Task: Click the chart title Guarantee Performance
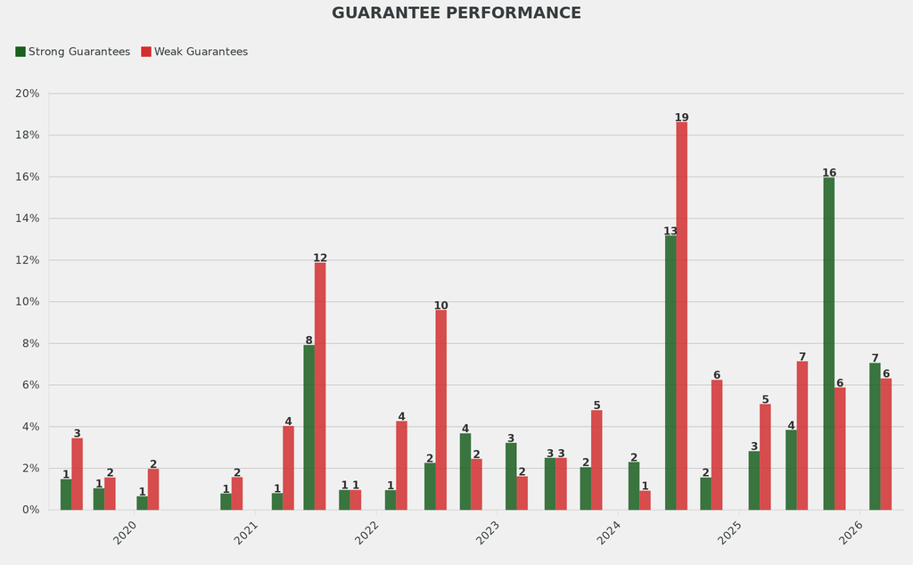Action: click(x=456, y=13)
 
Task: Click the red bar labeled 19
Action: click(x=681, y=315)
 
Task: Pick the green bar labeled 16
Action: click(x=829, y=343)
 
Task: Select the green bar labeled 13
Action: click(x=670, y=373)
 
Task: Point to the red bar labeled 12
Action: click(x=320, y=386)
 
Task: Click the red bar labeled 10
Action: click(x=440, y=410)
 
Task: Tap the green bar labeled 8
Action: click(x=308, y=427)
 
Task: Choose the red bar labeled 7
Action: click(x=802, y=435)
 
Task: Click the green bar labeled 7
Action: click(x=875, y=436)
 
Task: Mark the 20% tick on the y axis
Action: click(x=28, y=94)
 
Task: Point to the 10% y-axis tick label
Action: click(x=28, y=302)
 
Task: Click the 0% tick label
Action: click(x=30, y=510)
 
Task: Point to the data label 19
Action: click(x=681, y=118)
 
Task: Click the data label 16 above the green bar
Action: click(x=829, y=173)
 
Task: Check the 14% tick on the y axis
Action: click(x=28, y=218)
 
